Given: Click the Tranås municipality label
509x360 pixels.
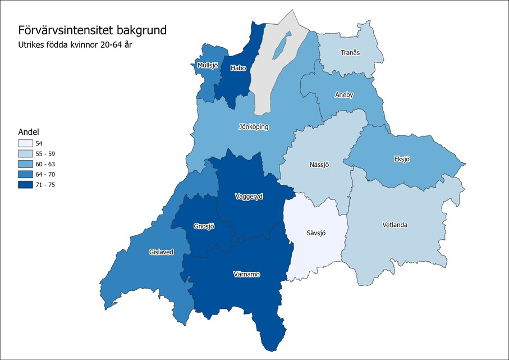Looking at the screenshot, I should pos(350,53).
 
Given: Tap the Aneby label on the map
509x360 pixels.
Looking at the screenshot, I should pos(344,95).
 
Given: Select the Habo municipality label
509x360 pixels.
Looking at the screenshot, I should pos(238,69).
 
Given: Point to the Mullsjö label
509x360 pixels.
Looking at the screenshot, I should pos(208,66).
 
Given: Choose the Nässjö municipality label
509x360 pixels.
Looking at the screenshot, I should pos(318,165).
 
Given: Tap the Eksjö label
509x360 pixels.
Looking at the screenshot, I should pos(402,159).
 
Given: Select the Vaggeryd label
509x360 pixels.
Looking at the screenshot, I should pos(247,197).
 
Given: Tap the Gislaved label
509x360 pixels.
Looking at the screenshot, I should pos(161,252).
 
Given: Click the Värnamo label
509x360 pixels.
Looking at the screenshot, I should pos(246,275).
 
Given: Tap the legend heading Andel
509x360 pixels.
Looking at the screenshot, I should pos(28,132).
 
